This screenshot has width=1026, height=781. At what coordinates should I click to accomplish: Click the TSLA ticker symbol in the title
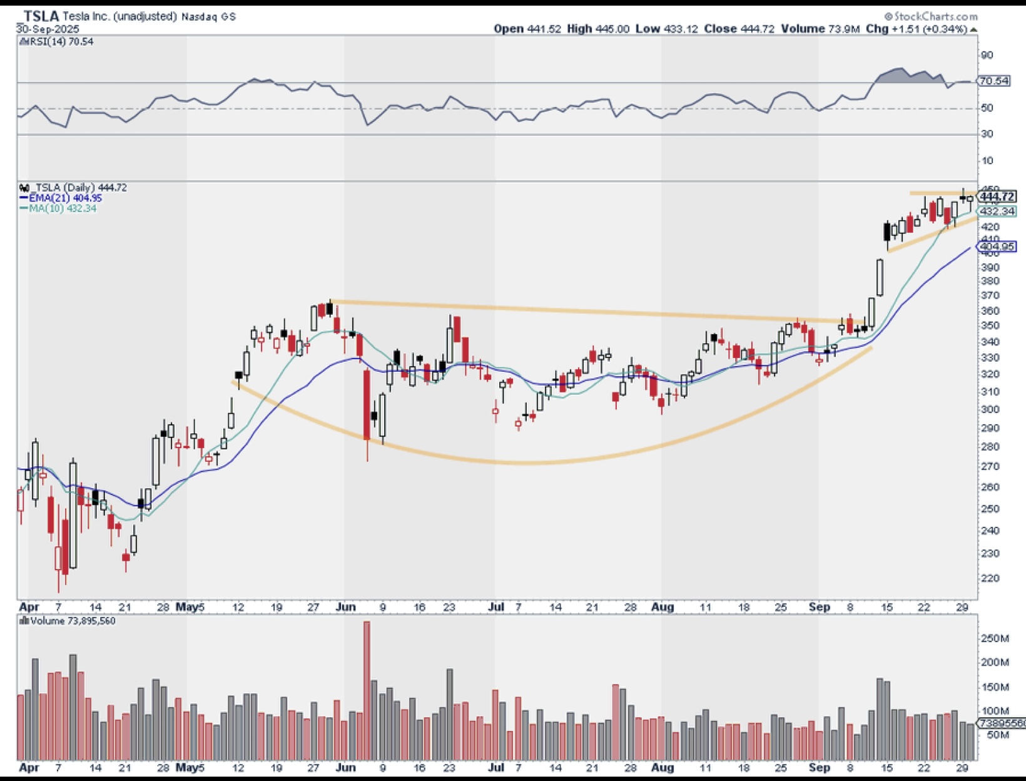point(41,16)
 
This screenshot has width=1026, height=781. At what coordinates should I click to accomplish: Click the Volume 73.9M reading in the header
point(828,29)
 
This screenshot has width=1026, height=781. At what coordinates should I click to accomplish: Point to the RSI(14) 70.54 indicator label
point(60,42)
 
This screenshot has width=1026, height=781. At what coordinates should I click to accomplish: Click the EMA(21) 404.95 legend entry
point(65,198)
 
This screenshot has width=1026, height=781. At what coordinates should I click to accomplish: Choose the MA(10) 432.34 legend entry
point(62,208)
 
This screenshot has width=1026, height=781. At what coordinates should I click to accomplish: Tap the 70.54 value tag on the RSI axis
point(994,81)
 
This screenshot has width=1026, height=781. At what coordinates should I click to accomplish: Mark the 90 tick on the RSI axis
point(987,56)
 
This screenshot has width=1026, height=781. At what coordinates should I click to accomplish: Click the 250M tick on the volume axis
point(995,638)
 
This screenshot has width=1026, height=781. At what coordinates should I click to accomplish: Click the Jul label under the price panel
point(496,607)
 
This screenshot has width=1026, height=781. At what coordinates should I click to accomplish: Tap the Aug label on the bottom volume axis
point(663,767)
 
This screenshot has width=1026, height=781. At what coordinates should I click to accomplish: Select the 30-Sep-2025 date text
point(48,29)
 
